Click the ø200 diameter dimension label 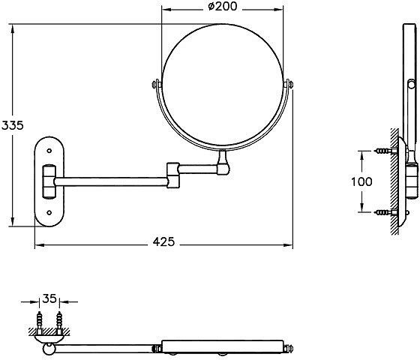(222, 7)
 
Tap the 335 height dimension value (12, 125)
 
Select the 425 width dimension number (163, 241)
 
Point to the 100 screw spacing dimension (361, 181)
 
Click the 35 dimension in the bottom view (49, 298)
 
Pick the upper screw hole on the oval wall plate (49, 151)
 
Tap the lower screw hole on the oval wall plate (49, 213)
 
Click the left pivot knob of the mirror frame (157, 84)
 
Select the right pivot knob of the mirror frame (288, 84)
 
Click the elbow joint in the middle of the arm (173, 175)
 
